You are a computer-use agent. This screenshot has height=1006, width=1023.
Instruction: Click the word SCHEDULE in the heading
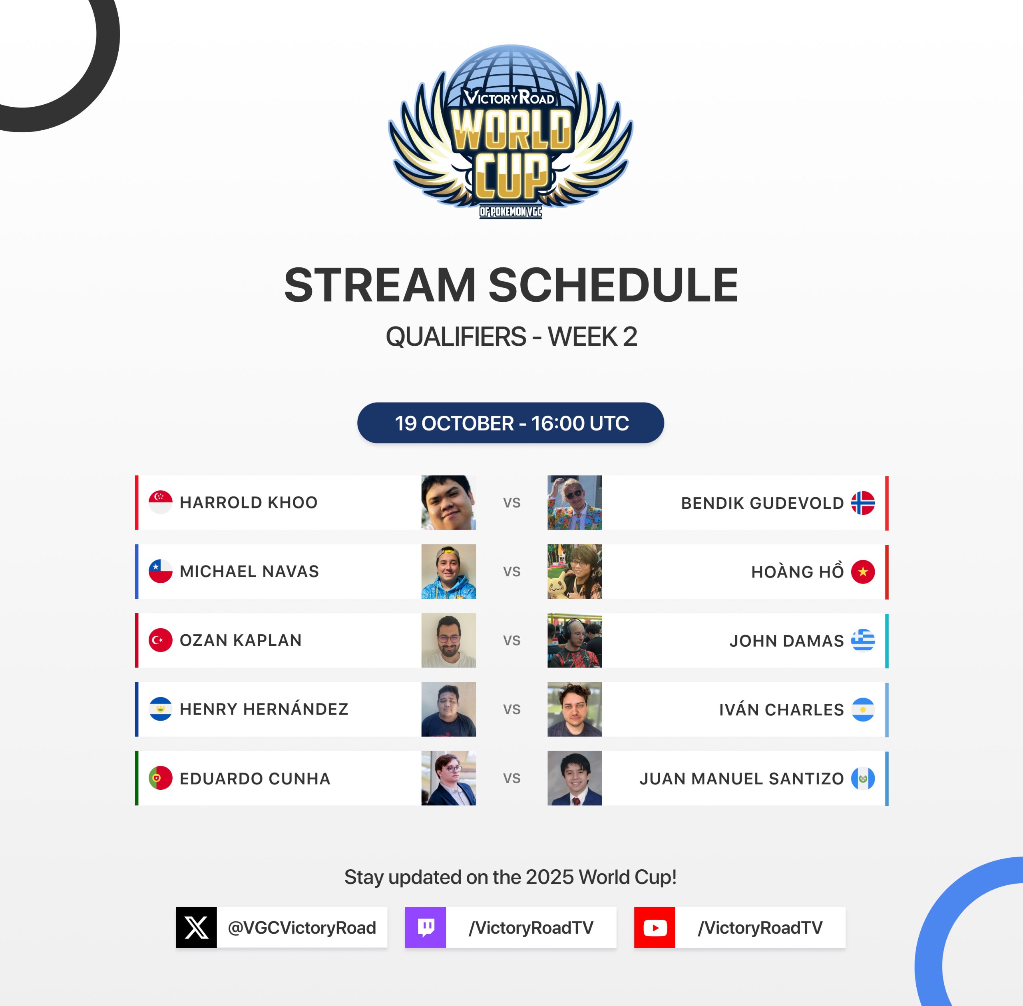click(613, 285)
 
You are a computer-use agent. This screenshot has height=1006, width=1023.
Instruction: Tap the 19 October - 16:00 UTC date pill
click(511, 423)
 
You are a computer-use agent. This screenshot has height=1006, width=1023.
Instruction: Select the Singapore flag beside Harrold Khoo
click(161, 502)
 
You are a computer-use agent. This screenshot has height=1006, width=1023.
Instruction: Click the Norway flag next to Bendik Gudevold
click(863, 503)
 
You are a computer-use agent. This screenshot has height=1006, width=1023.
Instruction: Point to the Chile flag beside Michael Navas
click(161, 571)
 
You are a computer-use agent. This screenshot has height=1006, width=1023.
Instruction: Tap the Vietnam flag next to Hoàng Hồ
click(863, 572)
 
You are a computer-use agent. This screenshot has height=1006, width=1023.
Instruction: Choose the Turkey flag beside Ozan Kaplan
click(161, 640)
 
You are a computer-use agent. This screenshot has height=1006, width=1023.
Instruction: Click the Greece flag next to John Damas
click(863, 640)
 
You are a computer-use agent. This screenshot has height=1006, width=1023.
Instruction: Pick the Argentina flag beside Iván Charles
click(863, 709)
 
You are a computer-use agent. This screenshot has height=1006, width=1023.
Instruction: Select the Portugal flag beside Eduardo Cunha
click(161, 778)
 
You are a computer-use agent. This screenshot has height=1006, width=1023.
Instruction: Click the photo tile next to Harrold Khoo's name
click(448, 502)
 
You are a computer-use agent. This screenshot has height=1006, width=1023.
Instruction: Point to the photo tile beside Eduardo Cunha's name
click(448, 778)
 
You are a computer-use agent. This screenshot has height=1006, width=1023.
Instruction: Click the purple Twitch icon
click(426, 927)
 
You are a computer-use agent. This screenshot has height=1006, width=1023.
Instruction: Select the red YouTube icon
click(655, 927)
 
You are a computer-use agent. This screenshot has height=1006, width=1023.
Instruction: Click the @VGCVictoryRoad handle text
click(302, 928)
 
